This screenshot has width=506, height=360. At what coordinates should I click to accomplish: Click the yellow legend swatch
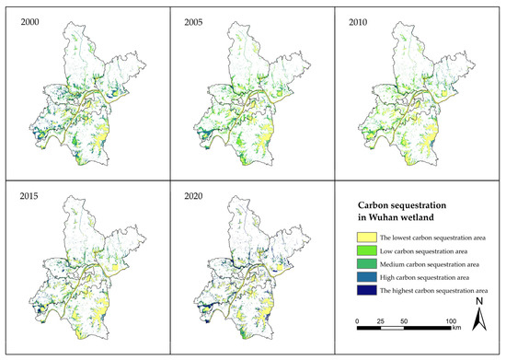click(x=364, y=238)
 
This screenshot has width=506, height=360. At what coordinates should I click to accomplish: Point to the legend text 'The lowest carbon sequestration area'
click(x=428, y=238)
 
